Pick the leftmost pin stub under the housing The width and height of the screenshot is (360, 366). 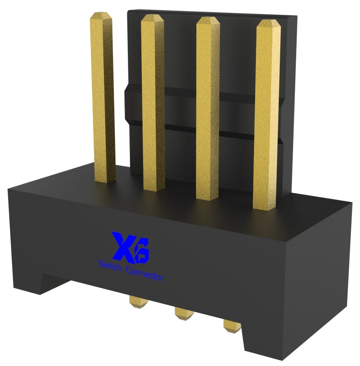point(136,302)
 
